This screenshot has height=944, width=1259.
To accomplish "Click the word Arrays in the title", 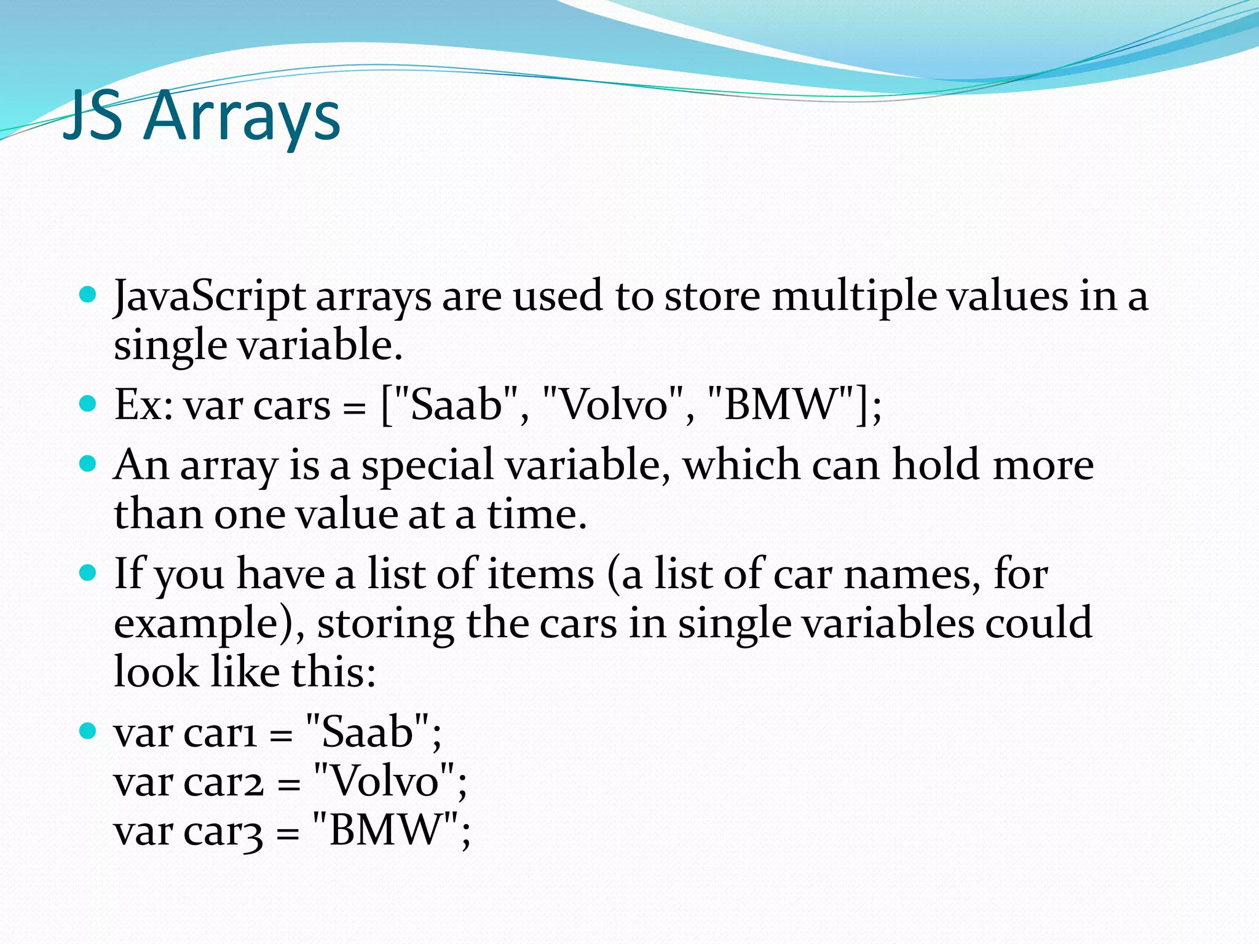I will click(x=244, y=117).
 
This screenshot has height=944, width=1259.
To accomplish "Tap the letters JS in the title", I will click(x=92, y=116).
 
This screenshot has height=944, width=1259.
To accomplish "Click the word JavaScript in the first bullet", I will click(x=210, y=297).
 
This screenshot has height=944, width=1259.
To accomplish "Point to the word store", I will click(x=712, y=296).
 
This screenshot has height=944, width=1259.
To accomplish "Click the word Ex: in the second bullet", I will click(x=143, y=406).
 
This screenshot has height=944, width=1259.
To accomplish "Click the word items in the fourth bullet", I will click(x=540, y=574).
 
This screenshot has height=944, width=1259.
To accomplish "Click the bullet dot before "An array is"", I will click(x=89, y=463).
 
